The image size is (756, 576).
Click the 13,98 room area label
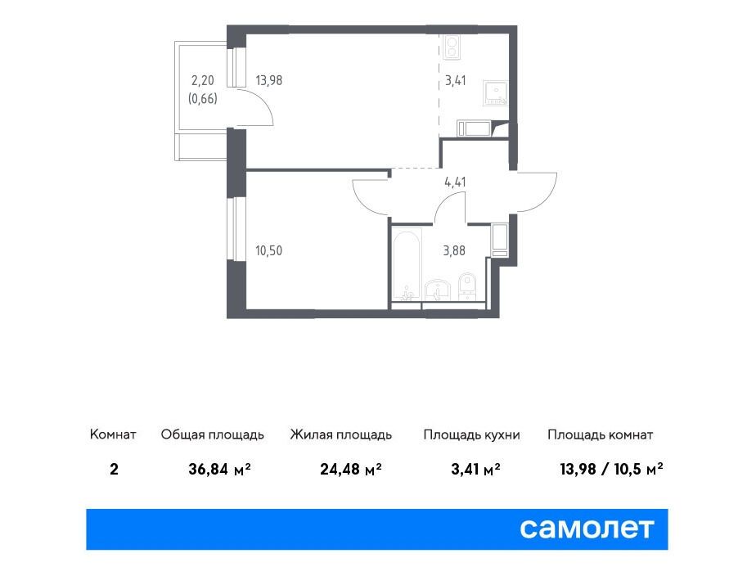click(x=269, y=80)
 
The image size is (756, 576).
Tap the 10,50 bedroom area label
click(x=268, y=250)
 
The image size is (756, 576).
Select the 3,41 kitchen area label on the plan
click(x=455, y=80)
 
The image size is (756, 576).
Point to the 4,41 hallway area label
click(x=455, y=182)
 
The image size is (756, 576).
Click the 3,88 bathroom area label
click(x=454, y=250)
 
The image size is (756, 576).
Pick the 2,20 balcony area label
click(x=203, y=80)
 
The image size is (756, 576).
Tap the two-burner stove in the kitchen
click(x=452, y=47)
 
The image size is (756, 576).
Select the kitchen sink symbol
click(x=496, y=93)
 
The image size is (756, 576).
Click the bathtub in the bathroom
click(x=407, y=264)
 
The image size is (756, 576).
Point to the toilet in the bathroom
click(x=466, y=286)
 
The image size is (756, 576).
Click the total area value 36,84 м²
click(x=220, y=469)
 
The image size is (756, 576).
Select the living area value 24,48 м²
click(x=351, y=469)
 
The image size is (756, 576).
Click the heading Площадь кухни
click(x=471, y=434)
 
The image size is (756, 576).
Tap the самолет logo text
click(x=587, y=529)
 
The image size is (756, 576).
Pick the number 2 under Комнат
click(x=114, y=469)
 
